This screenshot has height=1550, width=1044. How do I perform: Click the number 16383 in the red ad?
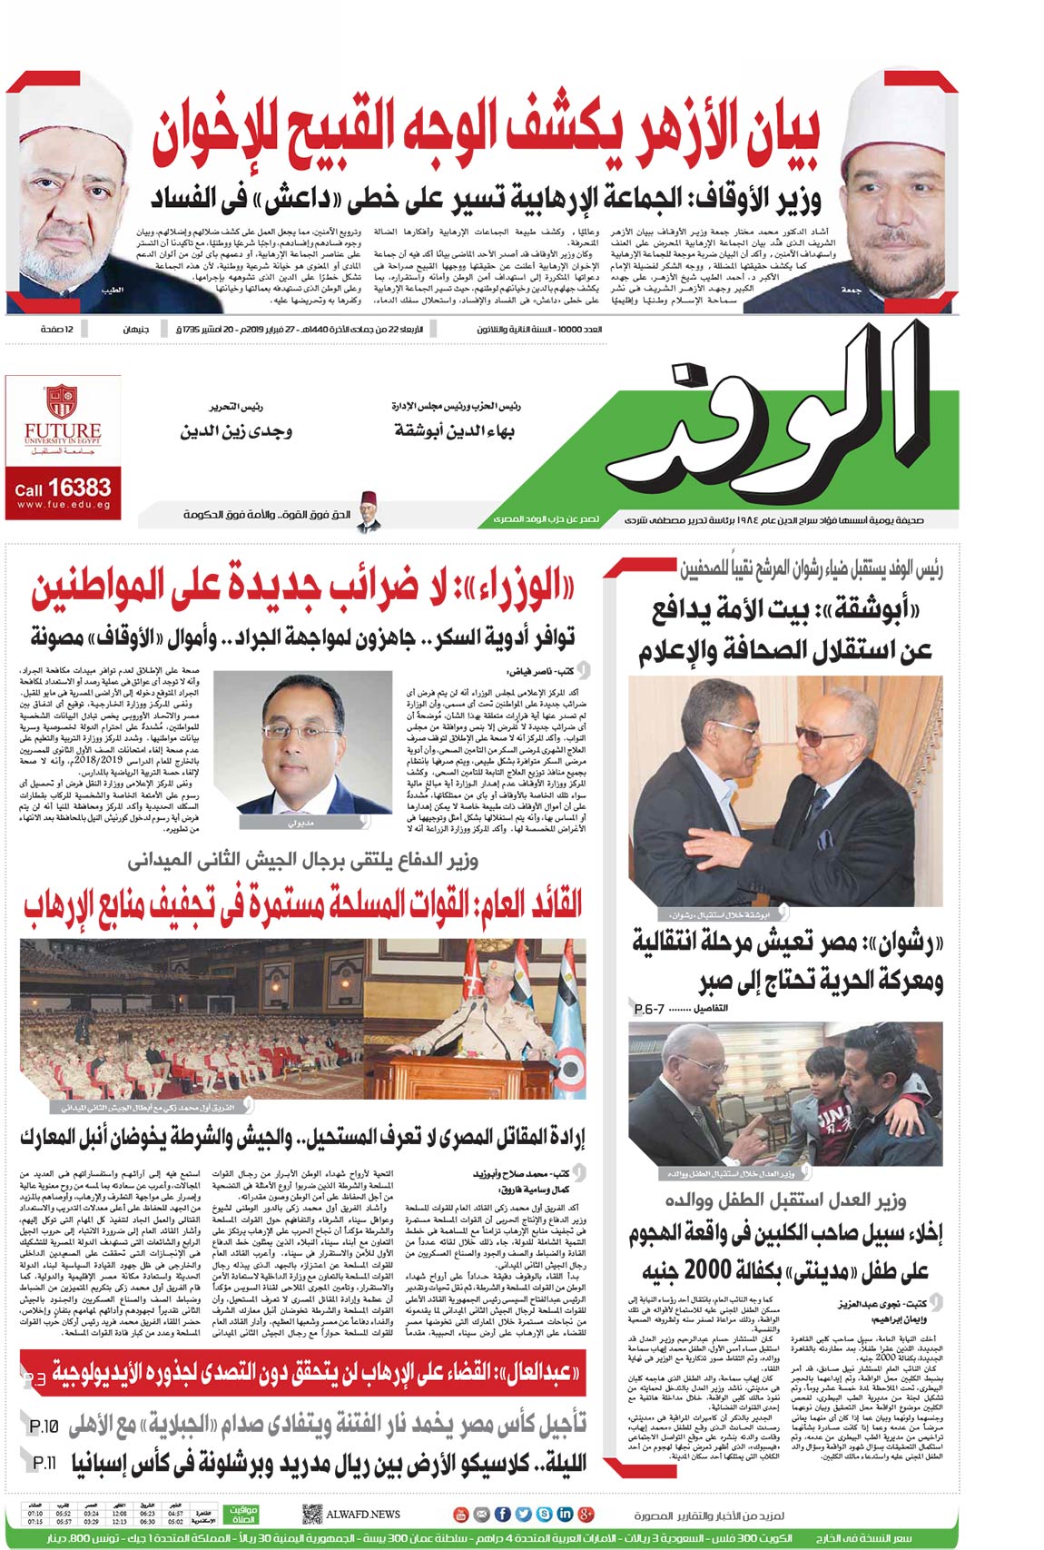pos(79,489)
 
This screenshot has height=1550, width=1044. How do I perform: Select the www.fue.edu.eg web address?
pos(64,505)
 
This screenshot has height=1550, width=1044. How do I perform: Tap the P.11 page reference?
pos(44,1463)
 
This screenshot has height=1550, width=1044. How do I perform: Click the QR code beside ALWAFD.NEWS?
pos(311,1514)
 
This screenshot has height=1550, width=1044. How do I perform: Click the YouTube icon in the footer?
pos(460,1514)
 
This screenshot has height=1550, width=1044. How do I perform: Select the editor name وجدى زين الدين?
pos(236,430)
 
